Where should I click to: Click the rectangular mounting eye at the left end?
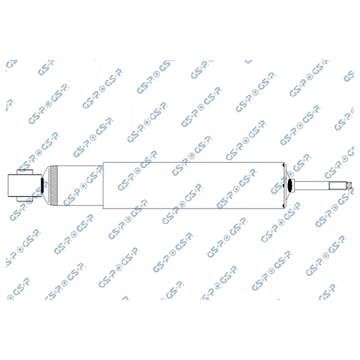pyautogui.click(x=25, y=185)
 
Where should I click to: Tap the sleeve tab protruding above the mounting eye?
pyautogui.click(x=25, y=172)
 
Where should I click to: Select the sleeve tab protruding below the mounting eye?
pyautogui.click(x=25, y=199)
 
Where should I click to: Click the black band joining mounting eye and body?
pyautogui.click(x=42, y=185)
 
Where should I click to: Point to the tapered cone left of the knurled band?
pyautogui.click(x=47, y=185)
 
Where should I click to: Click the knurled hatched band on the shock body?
pyautogui.click(x=55, y=185)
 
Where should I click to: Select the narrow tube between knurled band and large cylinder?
pyautogui.click(x=81, y=185)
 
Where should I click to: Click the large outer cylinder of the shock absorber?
pyautogui.click(x=193, y=185)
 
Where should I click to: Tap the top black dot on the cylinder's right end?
pyautogui.click(x=284, y=165)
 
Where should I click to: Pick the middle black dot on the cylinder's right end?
pyautogui.click(x=284, y=185)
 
